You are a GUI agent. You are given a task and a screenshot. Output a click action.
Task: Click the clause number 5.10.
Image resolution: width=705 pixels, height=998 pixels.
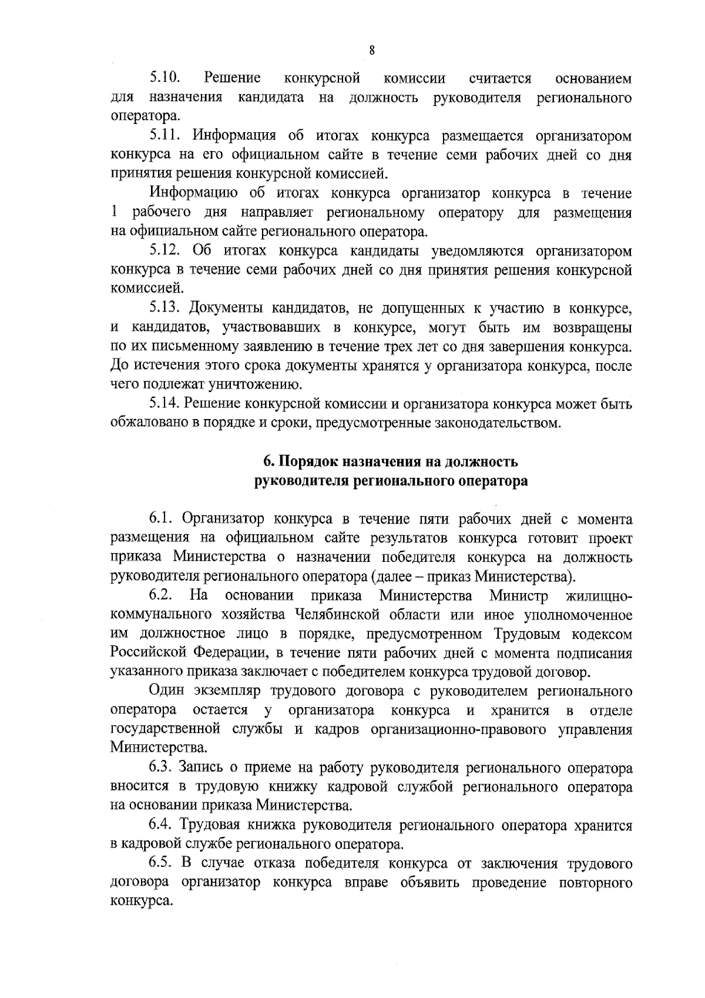164,78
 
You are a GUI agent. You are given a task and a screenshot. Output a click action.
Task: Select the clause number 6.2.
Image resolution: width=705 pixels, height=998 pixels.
161,596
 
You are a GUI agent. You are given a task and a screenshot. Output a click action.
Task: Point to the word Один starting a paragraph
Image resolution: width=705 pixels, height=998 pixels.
168,691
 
